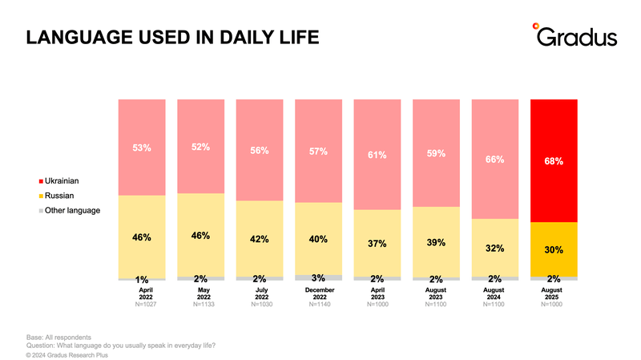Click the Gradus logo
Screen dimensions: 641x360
pos(574,34)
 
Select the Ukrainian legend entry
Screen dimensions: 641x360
pos(58,181)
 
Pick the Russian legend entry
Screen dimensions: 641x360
pos(56,196)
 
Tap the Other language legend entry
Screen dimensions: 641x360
pos(70,210)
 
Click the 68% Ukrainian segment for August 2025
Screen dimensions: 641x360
pos(554,161)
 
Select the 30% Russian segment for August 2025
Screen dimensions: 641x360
pos(554,249)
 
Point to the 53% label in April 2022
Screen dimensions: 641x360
pos(142,148)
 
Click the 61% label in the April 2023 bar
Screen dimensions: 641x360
pos(377,155)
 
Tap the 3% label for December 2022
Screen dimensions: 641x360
pos(318,278)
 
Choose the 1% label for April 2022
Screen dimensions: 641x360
pos(142,280)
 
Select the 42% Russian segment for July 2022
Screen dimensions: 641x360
pos(260,239)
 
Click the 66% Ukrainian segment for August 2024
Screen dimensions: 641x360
pos(495,159)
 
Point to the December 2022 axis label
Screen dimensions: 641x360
pos(320,293)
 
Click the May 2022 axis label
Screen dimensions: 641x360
pos(204,293)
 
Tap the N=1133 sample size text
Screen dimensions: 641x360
pos(204,305)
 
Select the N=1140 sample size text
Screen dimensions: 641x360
pos(320,305)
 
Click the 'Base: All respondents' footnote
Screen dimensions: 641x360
pos(58,338)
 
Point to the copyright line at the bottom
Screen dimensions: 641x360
pos(67,355)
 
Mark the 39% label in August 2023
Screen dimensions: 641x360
pos(436,243)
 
